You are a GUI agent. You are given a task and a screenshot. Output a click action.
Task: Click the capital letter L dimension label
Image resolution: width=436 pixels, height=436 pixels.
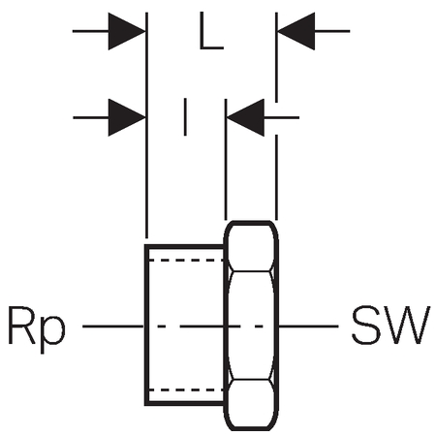(x=211, y=31)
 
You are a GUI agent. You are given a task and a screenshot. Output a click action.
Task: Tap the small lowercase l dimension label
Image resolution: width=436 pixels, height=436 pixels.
(x=185, y=117)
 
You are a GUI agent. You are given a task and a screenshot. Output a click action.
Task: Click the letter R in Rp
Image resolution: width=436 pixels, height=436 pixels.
(x=21, y=325)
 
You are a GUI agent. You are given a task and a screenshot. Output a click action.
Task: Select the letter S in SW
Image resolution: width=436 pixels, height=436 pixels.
(x=365, y=325)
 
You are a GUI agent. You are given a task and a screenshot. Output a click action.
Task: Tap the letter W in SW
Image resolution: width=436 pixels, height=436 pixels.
(x=406, y=325)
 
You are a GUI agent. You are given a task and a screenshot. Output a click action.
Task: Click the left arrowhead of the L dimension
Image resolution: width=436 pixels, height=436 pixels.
(x=127, y=31)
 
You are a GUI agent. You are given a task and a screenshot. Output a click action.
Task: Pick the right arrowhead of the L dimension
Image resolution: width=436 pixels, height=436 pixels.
(x=296, y=31)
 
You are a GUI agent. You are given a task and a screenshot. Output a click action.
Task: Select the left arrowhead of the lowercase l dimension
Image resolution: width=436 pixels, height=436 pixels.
(x=127, y=117)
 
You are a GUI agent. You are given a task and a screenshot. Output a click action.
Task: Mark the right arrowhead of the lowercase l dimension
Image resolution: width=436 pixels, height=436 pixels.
(x=245, y=117)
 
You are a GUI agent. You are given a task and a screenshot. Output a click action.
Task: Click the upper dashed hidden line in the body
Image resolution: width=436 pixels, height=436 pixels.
(x=186, y=260)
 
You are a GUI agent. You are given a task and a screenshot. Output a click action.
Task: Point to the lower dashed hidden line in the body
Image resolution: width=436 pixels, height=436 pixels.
(x=186, y=389)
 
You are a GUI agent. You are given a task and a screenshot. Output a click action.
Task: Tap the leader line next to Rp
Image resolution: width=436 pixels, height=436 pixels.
(x=112, y=327)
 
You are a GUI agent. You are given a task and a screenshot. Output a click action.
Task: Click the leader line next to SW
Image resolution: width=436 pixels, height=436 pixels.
(x=309, y=327)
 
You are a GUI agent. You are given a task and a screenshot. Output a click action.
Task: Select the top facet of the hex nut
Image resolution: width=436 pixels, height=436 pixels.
(x=251, y=246)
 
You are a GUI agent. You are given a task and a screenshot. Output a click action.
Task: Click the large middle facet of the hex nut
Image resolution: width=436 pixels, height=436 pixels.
(x=251, y=326)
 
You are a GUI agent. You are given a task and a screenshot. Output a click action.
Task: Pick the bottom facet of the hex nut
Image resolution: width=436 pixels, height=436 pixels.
(x=251, y=404)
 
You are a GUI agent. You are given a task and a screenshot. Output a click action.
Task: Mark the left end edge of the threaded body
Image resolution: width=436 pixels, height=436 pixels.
(x=146, y=325)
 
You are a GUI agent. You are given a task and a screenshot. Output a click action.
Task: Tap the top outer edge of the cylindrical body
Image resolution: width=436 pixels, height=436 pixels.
(x=184, y=247)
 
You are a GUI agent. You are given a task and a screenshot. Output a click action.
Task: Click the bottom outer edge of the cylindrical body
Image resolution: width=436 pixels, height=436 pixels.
(x=184, y=403)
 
